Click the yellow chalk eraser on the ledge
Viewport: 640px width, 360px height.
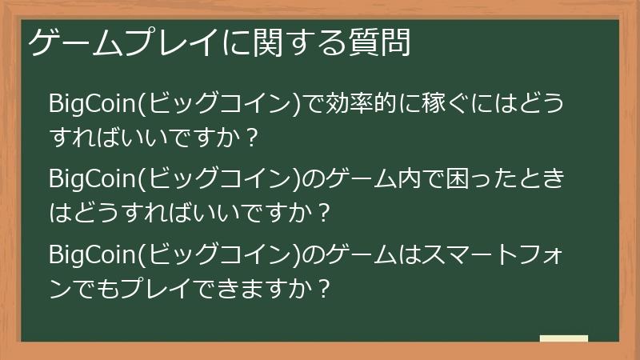(563, 338)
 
